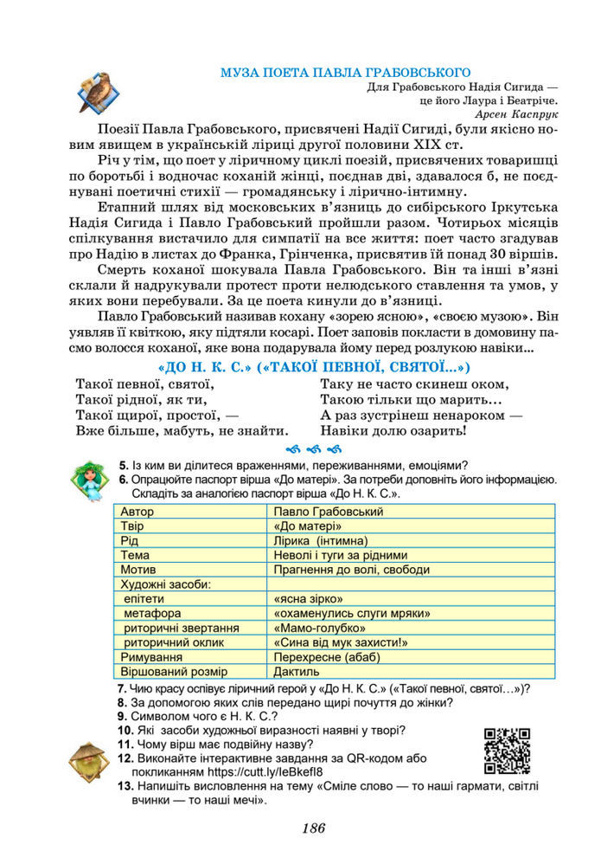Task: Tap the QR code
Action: pos(507,750)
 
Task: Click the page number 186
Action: pos(313,828)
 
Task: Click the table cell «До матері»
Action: pos(307,525)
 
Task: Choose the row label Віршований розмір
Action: pos(174,671)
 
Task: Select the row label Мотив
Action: pos(138,570)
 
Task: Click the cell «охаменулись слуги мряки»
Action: pos(351,613)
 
